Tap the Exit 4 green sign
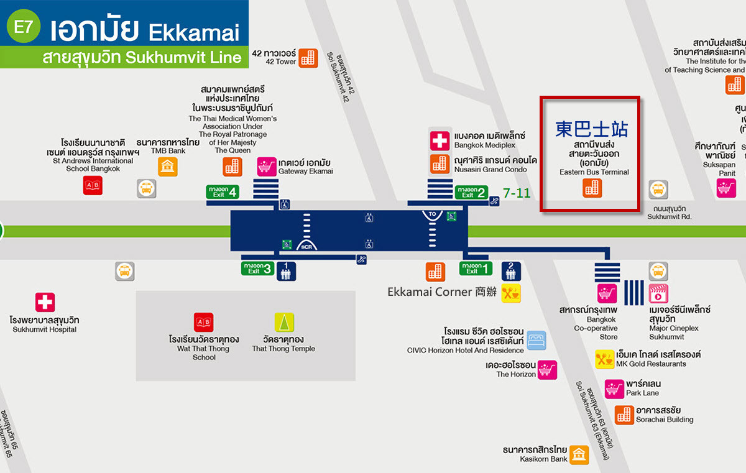point(223,191)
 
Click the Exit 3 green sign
point(257,268)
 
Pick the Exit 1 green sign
point(476,268)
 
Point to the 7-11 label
point(517,193)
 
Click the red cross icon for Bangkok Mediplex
point(440,140)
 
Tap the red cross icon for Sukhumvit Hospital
point(45,303)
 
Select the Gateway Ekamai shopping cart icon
point(267,167)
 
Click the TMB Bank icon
point(167,167)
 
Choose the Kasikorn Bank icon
point(579,455)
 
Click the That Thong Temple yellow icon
point(284,322)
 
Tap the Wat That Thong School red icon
point(203,322)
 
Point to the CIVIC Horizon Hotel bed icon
point(536,340)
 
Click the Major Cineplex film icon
point(658,293)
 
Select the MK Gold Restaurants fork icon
point(605,359)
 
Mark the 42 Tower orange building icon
point(308,58)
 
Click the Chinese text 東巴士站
point(591,129)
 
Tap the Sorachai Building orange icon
point(624,415)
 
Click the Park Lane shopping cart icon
point(614,388)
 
